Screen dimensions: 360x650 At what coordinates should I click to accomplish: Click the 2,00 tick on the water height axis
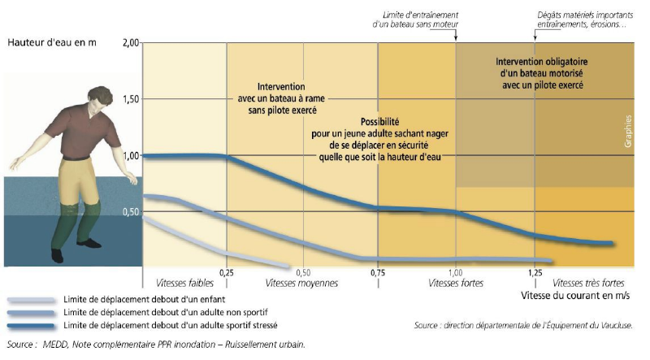point(130,42)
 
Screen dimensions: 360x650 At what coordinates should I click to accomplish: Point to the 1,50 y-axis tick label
point(130,98)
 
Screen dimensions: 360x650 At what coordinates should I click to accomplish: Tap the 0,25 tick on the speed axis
point(227,271)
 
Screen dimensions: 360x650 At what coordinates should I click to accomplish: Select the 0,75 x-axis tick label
point(379,271)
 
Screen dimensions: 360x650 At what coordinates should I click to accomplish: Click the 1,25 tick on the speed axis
point(534,271)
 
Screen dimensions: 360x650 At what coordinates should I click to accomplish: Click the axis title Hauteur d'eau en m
point(51,42)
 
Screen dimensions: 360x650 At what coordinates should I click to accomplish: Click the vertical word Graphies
point(628,130)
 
